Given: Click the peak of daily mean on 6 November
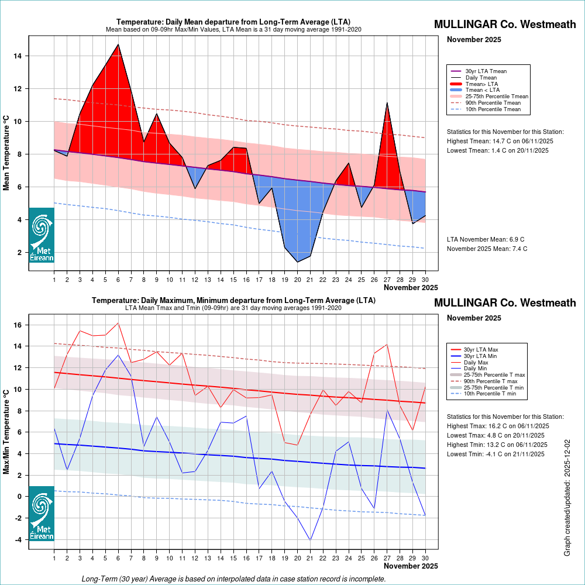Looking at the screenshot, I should pos(118,44).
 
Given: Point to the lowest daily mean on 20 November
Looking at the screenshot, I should pos(297,261).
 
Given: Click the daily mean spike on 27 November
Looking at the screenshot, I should pos(387,103).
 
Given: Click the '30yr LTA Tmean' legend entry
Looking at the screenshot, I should pos(486,71).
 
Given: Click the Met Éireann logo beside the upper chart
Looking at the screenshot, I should pos(42,235).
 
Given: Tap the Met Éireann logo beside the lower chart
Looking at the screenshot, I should pos(42,514).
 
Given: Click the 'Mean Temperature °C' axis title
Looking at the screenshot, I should pos(6,153).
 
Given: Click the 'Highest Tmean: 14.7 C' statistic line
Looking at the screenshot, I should pos(500,141).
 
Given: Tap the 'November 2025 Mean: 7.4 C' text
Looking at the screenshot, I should pos(487,249).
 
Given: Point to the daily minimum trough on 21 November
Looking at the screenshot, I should pos(310,540).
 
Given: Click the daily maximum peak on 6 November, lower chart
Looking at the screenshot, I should pos(118,323).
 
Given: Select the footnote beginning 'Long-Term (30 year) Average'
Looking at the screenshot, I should pos(234,579).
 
